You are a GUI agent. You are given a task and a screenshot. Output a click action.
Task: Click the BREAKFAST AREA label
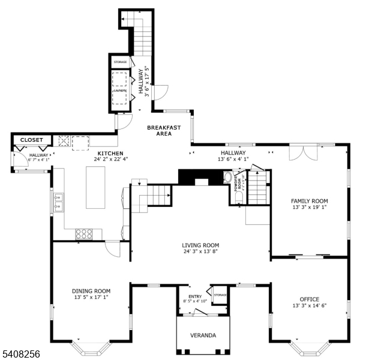[164, 130]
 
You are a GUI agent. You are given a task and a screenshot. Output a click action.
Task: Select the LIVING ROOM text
[200, 245]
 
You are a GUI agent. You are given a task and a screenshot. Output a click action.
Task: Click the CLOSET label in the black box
[31, 140]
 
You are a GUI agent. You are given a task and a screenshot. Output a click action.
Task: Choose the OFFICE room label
[309, 299]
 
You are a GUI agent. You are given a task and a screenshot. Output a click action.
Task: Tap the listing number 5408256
[20, 355]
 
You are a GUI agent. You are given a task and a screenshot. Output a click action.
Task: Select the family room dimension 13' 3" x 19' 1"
[309, 208]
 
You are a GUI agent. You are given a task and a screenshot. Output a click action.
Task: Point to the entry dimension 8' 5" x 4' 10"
[196, 301]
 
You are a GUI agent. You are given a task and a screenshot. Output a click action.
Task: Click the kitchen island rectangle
[95, 187]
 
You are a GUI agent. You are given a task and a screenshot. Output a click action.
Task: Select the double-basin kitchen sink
[58, 202]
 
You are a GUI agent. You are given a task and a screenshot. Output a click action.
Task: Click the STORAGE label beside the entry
[220, 295]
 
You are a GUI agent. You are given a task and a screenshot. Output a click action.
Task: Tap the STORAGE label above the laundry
[121, 62]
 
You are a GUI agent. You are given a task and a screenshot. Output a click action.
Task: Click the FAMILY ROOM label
[309, 201]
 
